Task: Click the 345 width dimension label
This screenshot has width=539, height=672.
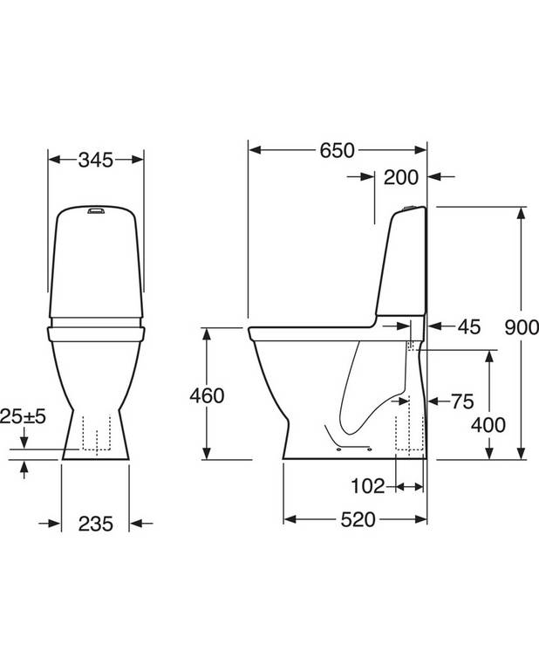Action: coord(96,160)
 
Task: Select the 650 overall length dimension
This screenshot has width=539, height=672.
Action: coord(338,150)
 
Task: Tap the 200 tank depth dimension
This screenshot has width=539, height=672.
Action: coord(400,177)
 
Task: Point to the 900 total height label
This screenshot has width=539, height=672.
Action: coord(521,327)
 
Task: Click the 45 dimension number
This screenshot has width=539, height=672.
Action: coord(469,327)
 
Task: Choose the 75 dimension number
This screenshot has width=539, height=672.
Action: coord(463,401)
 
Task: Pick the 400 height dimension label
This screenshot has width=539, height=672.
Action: coord(488,425)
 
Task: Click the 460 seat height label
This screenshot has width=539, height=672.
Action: coord(207,395)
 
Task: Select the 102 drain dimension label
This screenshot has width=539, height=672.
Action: coord(368,486)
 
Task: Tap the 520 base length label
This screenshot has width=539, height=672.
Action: coord(358,520)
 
